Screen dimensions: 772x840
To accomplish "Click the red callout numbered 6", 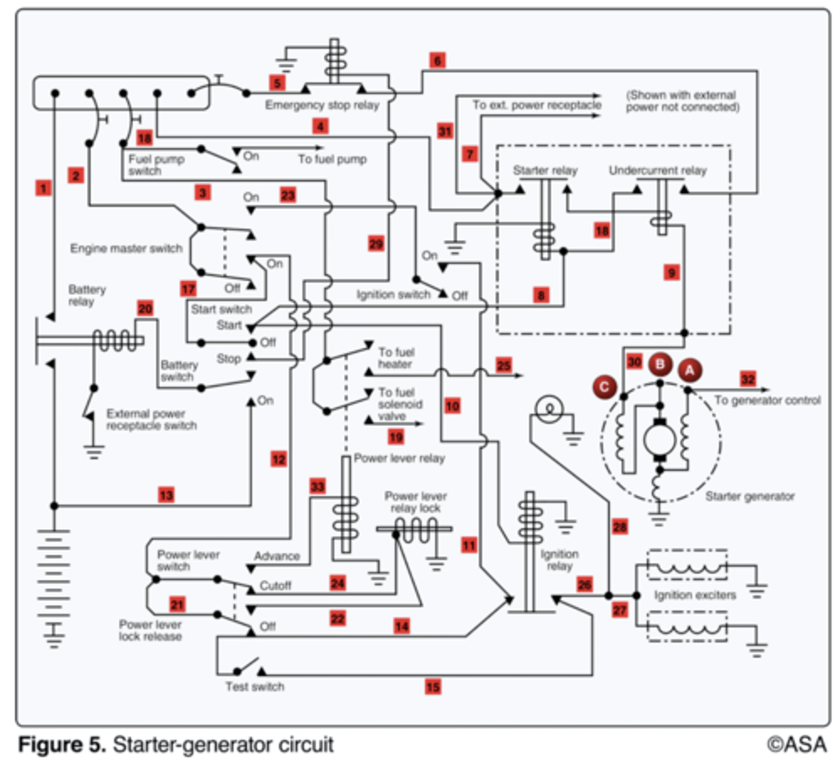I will tap(437, 60).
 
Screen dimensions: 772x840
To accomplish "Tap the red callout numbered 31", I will tap(445, 131).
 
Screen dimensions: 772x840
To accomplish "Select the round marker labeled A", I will tap(690, 371).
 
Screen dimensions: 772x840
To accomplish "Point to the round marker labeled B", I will tap(659, 364).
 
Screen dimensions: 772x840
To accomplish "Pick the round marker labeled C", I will tap(604, 387).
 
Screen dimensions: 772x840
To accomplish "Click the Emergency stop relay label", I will tap(322, 105).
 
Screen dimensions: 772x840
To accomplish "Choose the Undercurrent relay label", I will tap(657, 170).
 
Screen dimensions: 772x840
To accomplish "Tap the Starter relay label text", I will tap(545, 170).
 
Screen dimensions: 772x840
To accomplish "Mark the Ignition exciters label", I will tap(695, 595).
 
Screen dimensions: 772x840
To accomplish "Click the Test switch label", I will tap(255, 686).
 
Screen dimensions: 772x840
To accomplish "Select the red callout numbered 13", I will tap(166, 495).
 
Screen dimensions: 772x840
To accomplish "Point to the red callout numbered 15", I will tap(433, 686).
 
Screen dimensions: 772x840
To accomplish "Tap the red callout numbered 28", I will tap(620, 527).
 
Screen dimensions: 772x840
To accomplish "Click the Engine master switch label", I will tap(126, 248).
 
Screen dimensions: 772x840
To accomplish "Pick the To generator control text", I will tap(767, 400).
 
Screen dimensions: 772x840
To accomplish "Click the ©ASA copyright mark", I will tap(796, 744).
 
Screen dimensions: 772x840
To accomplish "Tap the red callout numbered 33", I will tap(317, 486).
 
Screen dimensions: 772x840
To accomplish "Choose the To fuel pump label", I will tap(332, 159).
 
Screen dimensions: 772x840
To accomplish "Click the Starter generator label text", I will tap(750, 496).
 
